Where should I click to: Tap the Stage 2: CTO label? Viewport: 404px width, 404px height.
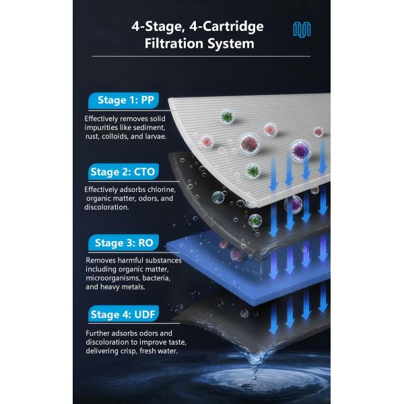[123, 172]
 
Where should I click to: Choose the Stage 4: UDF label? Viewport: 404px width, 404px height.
[124, 314]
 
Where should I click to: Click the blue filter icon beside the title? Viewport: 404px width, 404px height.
[302, 28]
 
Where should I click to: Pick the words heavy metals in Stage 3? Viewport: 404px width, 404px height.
[125, 286]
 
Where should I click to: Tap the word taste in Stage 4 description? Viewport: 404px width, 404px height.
[174, 341]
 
